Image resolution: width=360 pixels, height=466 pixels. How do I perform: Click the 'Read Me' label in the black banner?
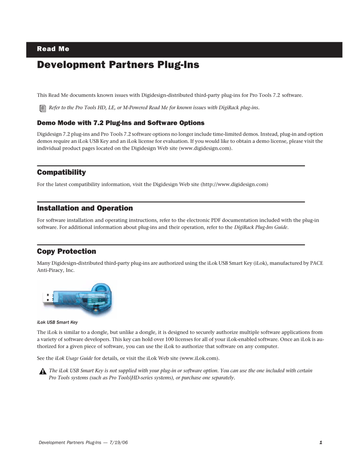[53, 49]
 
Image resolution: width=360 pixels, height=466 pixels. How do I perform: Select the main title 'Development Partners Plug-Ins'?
[118, 65]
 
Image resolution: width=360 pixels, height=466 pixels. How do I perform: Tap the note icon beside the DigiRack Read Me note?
[42, 108]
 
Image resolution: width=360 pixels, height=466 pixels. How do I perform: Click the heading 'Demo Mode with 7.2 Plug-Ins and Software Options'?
[120, 123]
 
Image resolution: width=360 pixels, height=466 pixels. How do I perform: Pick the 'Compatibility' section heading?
[61, 172]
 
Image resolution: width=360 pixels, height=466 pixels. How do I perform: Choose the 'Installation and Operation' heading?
[85, 208]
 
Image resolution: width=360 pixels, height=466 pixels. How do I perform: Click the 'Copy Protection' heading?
[66, 251]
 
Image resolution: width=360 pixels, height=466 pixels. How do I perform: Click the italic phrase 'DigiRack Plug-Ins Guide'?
[261, 227]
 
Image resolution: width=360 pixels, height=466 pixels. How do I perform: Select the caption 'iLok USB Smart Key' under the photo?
[57, 322]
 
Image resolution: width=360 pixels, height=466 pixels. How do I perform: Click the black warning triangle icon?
[42, 371]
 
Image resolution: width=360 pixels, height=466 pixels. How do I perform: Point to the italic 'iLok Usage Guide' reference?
[74, 358]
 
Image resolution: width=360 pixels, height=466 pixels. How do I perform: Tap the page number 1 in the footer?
[321, 443]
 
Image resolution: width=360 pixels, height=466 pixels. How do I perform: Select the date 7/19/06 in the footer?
[118, 443]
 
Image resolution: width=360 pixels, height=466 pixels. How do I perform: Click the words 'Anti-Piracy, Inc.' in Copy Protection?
[55, 270]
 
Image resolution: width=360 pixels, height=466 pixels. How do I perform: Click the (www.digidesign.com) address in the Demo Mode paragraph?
[205, 148]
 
